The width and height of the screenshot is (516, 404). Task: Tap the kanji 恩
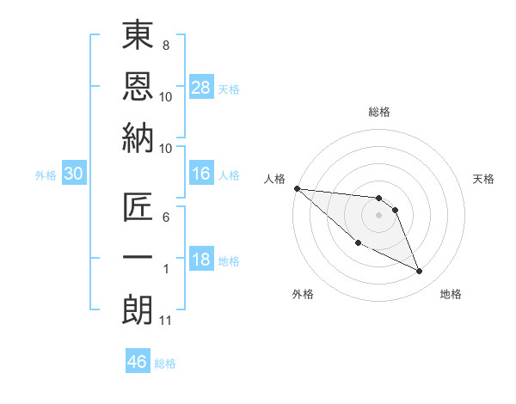(x=138, y=86)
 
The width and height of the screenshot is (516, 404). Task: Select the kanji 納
(x=138, y=138)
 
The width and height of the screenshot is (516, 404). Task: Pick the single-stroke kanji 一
(x=138, y=259)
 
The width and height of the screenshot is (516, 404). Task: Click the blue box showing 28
(x=201, y=87)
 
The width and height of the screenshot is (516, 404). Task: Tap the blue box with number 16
(x=201, y=174)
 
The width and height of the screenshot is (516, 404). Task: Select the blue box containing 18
(x=201, y=260)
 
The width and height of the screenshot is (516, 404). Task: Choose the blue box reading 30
(x=74, y=174)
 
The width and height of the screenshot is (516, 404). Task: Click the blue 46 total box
(x=138, y=362)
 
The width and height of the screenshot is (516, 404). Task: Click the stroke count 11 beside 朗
(x=165, y=321)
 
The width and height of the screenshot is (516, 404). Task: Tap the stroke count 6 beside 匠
(x=165, y=217)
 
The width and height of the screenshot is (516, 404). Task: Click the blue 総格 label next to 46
(x=165, y=364)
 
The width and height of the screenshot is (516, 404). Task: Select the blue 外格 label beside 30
(x=46, y=175)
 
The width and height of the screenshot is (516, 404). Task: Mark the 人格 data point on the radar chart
(x=297, y=188)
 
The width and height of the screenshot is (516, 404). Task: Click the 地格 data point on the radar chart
(x=420, y=272)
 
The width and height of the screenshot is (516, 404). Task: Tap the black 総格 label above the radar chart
(x=378, y=112)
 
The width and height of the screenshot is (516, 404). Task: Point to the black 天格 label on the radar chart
(x=483, y=179)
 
